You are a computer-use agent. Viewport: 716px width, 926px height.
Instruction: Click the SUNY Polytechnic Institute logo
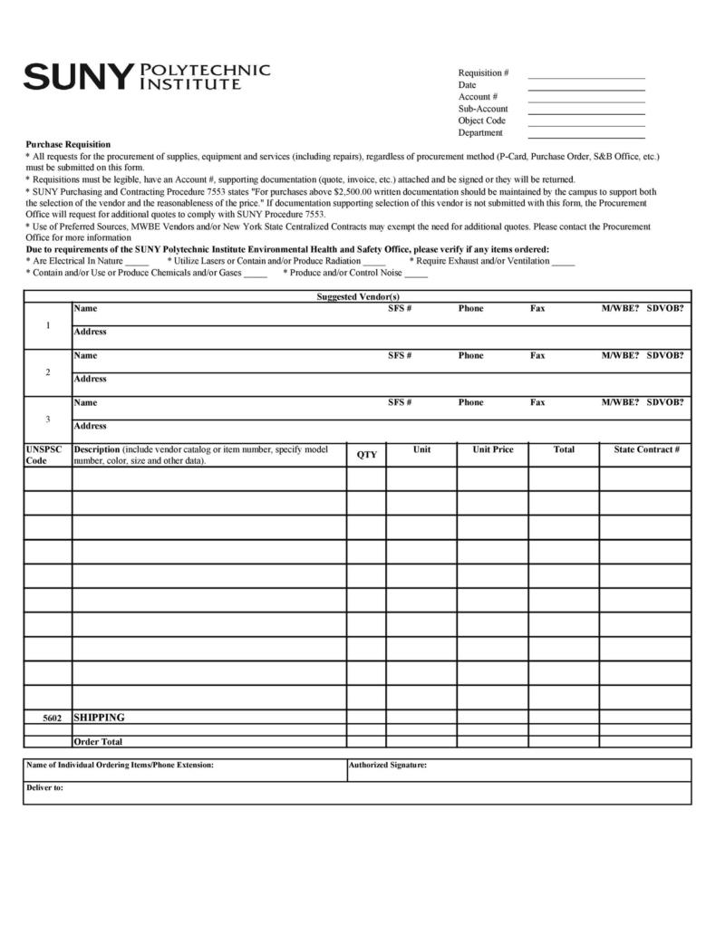pos(146,76)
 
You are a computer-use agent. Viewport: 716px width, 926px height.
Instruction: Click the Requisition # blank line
pos(585,77)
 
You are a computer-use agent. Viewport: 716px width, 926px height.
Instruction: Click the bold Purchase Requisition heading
pos(68,144)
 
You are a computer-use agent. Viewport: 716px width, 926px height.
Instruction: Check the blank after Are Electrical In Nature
pos(137,262)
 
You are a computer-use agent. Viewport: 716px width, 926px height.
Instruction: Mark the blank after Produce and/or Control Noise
pos(416,274)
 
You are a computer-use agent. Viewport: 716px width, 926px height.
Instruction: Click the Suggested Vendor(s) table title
pos(357,296)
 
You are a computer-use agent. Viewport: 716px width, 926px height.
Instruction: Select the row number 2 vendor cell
pos(47,372)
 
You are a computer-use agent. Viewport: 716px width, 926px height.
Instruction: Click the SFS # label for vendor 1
pos(400,309)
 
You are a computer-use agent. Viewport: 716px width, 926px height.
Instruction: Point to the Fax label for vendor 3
pos(537,402)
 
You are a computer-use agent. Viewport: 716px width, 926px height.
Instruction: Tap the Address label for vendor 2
pos(90,379)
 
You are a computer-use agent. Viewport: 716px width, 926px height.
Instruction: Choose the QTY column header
pos(366,455)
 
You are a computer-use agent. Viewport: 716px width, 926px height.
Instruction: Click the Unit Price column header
pos(492,449)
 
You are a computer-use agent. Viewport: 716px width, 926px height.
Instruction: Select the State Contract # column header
pos(645,449)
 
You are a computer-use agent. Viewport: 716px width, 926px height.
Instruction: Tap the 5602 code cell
pos(52,718)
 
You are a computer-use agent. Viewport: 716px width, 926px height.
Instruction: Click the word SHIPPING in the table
pos(99,718)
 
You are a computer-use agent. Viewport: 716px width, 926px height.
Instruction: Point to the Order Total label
pos(98,742)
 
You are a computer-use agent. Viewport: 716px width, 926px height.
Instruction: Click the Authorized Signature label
pos(387,766)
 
